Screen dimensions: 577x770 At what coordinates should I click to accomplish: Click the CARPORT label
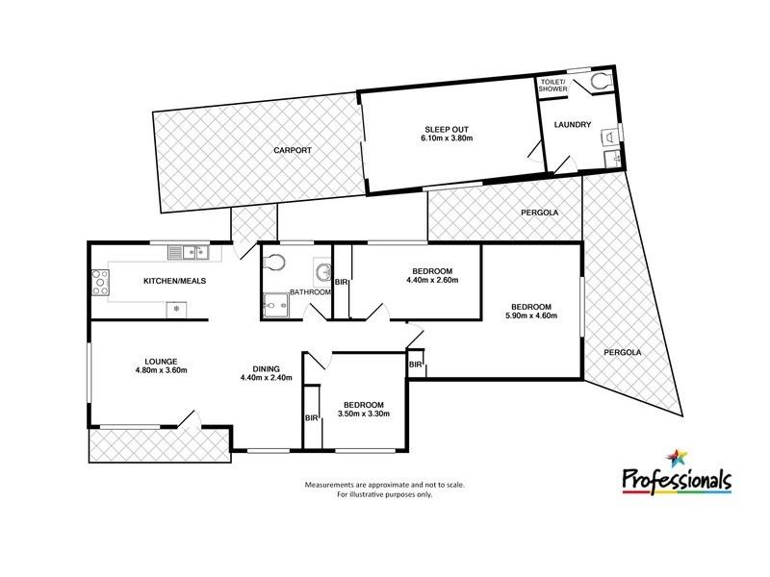point(291,151)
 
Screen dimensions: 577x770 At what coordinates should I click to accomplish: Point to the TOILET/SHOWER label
point(553,86)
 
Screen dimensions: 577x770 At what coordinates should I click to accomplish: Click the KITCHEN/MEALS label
point(175,281)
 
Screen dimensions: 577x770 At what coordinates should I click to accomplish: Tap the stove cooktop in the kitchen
point(99,282)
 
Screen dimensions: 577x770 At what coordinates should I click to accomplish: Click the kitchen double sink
point(189,253)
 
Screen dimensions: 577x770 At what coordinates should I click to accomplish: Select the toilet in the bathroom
point(276,262)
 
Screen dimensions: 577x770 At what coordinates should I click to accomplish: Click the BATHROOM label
point(313,292)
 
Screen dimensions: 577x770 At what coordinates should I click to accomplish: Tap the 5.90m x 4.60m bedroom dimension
point(532,315)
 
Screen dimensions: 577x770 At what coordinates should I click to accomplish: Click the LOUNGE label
point(158,361)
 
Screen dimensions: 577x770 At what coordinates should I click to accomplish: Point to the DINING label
point(266,367)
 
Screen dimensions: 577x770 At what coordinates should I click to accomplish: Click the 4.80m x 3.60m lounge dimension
point(158,371)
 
